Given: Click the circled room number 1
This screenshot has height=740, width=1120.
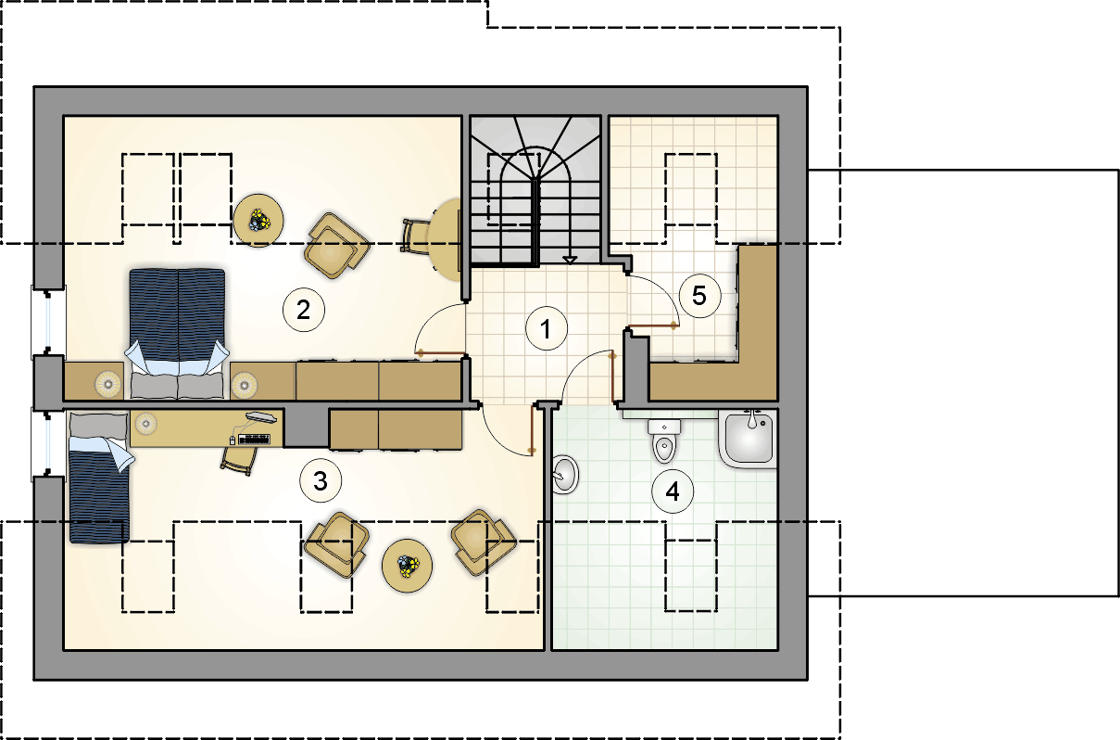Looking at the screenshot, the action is pos(546,328).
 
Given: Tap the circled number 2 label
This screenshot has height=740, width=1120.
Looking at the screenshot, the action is pos(304,310).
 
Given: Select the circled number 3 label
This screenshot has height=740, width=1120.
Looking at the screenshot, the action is pos(321,480).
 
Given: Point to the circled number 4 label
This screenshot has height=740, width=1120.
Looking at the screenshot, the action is pos(673,491).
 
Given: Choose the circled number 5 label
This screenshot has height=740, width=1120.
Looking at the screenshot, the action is pos(699,295).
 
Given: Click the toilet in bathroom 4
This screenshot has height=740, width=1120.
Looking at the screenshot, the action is pos(664,440).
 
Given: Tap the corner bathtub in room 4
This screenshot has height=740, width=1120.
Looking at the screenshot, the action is pos(748,439).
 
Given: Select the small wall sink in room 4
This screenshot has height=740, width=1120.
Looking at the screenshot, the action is pos(565,474).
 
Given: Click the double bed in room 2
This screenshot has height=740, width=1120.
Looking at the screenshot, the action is pos(177,334).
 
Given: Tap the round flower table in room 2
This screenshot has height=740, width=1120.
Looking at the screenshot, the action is pos(258,220).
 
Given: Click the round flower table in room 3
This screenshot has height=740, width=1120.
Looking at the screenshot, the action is pos(407,566).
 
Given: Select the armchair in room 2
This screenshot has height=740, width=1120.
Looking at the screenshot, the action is pos(337,245).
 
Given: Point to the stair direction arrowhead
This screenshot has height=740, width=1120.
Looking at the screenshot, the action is pos(570,260).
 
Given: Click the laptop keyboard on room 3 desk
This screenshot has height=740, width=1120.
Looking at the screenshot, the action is pos(255,440).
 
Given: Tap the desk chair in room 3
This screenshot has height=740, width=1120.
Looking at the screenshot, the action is pos(240,459).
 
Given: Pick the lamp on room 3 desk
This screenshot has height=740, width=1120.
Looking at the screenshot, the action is pos(146,423).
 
